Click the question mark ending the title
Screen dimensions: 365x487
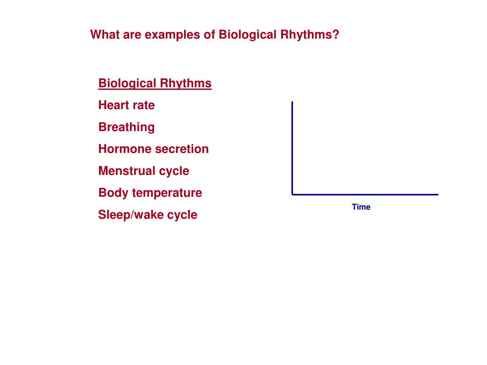point(336,35)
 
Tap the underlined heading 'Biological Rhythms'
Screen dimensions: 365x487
point(155,83)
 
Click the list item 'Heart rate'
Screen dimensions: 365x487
point(127,105)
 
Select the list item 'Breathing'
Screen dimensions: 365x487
point(127,127)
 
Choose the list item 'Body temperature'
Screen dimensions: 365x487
point(150,192)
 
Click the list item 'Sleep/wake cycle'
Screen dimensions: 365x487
point(147,214)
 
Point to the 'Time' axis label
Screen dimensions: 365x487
point(361,207)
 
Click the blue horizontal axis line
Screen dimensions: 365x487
point(366,194)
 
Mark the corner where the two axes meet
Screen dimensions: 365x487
point(292,194)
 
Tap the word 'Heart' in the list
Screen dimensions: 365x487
point(113,105)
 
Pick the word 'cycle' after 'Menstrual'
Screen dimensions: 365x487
point(174,171)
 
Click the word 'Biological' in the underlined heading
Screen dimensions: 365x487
point(127,83)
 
